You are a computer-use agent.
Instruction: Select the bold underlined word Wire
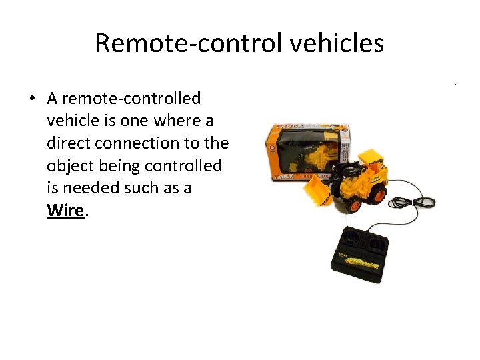tap(65, 210)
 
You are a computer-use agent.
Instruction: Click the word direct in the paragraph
tap(69, 143)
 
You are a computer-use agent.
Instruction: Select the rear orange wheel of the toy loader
tap(375, 191)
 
